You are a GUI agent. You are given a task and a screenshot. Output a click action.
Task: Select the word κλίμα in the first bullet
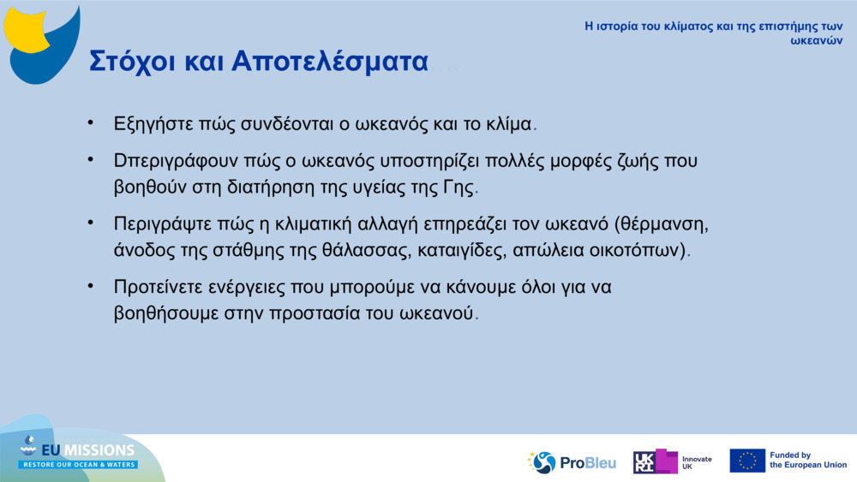509,123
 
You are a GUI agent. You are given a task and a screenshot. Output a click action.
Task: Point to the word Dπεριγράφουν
177,161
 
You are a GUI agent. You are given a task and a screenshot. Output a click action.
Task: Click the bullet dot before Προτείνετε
90,285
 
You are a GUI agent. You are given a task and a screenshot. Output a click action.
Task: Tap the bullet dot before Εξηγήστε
90,122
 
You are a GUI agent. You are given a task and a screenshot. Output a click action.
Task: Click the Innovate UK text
696,462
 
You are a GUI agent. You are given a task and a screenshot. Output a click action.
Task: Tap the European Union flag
747,461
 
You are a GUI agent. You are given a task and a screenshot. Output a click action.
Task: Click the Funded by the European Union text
807,461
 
